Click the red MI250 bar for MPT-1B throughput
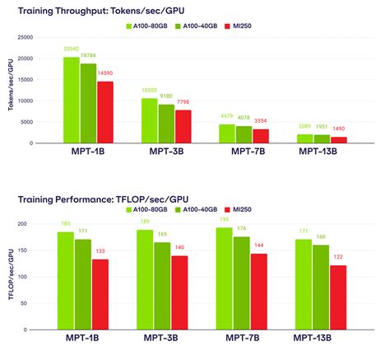[104, 112]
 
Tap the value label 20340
[72, 49]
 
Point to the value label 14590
[105, 74]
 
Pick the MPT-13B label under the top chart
[318, 152]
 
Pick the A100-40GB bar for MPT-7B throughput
[244, 134]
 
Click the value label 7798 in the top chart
[183, 103]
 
